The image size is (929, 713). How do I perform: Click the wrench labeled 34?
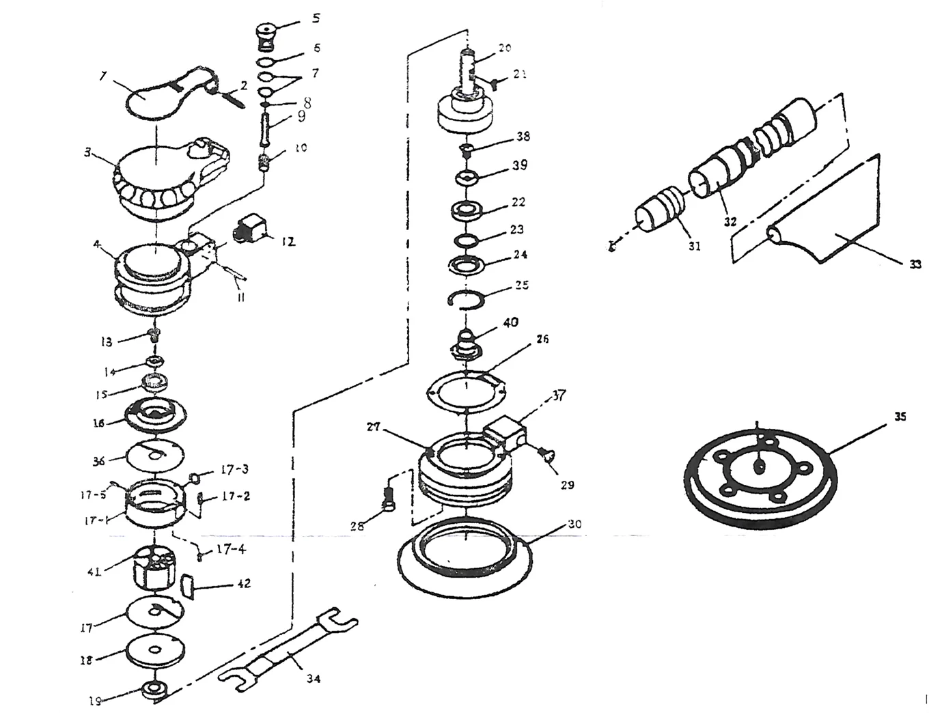click(287, 645)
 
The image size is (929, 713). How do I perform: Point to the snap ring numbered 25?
click(468, 300)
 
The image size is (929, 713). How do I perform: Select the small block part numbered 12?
click(250, 228)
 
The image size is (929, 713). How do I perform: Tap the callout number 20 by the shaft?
click(505, 47)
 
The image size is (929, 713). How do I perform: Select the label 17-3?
click(234, 470)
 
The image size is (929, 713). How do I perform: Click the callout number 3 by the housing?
click(87, 153)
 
